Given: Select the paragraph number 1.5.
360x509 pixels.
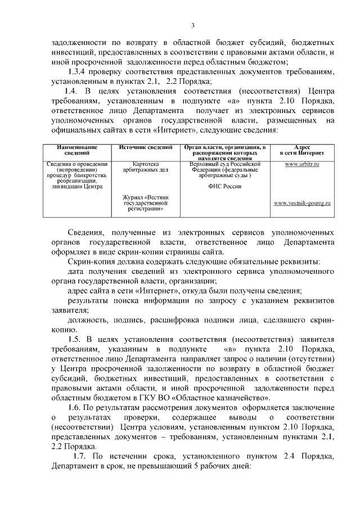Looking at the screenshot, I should (75, 339).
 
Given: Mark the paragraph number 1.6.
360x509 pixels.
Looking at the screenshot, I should (75, 407).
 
